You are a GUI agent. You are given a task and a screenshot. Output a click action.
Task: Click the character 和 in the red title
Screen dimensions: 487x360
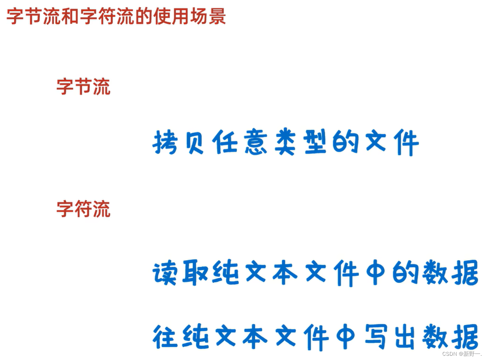(70, 17)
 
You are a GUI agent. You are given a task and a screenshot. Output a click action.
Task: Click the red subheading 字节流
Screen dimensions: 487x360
(83, 86)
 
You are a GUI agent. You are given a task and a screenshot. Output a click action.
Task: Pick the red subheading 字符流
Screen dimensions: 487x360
(83, 209)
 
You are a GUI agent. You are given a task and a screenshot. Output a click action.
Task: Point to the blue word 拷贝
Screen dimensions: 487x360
(179, 142)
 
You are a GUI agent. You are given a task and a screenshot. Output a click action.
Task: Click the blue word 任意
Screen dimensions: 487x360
(239, 142)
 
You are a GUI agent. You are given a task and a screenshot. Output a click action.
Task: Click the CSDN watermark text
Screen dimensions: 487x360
(450, 354)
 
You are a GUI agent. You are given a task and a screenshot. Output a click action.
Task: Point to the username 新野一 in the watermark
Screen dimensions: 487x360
(472, 354)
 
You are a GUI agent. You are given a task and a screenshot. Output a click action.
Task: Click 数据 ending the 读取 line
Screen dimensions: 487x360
(450, 273)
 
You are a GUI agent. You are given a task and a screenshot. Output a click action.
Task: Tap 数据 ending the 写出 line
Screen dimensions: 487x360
(450, 337)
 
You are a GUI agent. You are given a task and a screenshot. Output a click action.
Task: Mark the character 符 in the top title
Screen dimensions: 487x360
(107, 17)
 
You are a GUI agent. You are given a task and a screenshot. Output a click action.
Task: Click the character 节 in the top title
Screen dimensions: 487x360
(34, 17)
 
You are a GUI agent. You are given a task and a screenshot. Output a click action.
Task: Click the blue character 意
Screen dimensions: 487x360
(256, 142)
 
